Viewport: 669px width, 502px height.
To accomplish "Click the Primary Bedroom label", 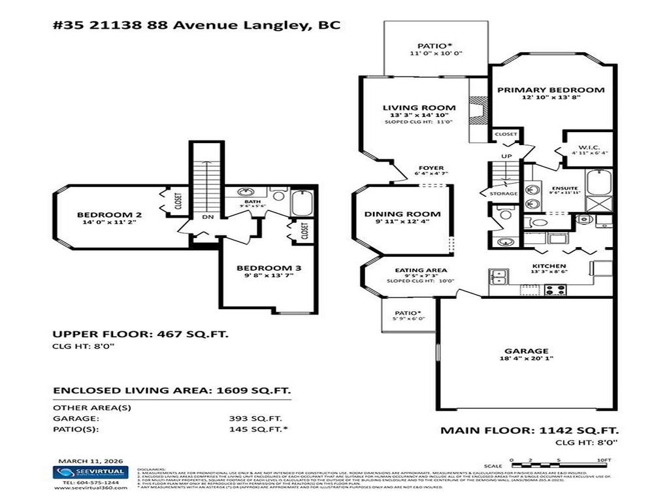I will pyautogui.click(x=550, y=90).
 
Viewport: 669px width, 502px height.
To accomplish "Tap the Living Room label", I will pyautogui.click(x=419, y=108).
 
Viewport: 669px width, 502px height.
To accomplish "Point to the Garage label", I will pyautogui.click(x=526, y=350).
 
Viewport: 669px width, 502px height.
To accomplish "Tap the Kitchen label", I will pyautogui.click(x=548, y=266).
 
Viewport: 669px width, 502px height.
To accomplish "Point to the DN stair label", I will pyautogui.click(x=206, y=217).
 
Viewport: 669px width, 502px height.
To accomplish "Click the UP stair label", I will pyautogui.click(x=506, y=156).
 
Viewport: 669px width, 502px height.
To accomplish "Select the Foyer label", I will pyautogui.click(x=431, y=168).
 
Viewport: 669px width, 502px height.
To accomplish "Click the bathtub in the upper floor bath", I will pyautogui.click(x=302, y=204).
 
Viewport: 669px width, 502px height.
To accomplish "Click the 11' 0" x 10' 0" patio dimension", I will pyautogui.click(x=435, y=54).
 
